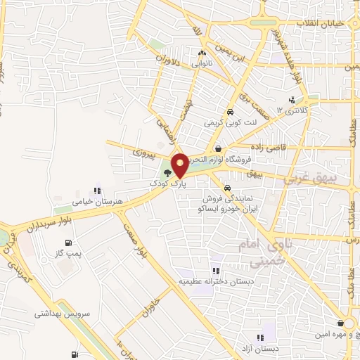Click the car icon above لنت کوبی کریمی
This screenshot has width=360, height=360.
click(229, 112)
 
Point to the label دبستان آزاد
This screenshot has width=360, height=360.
click(266, 348)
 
